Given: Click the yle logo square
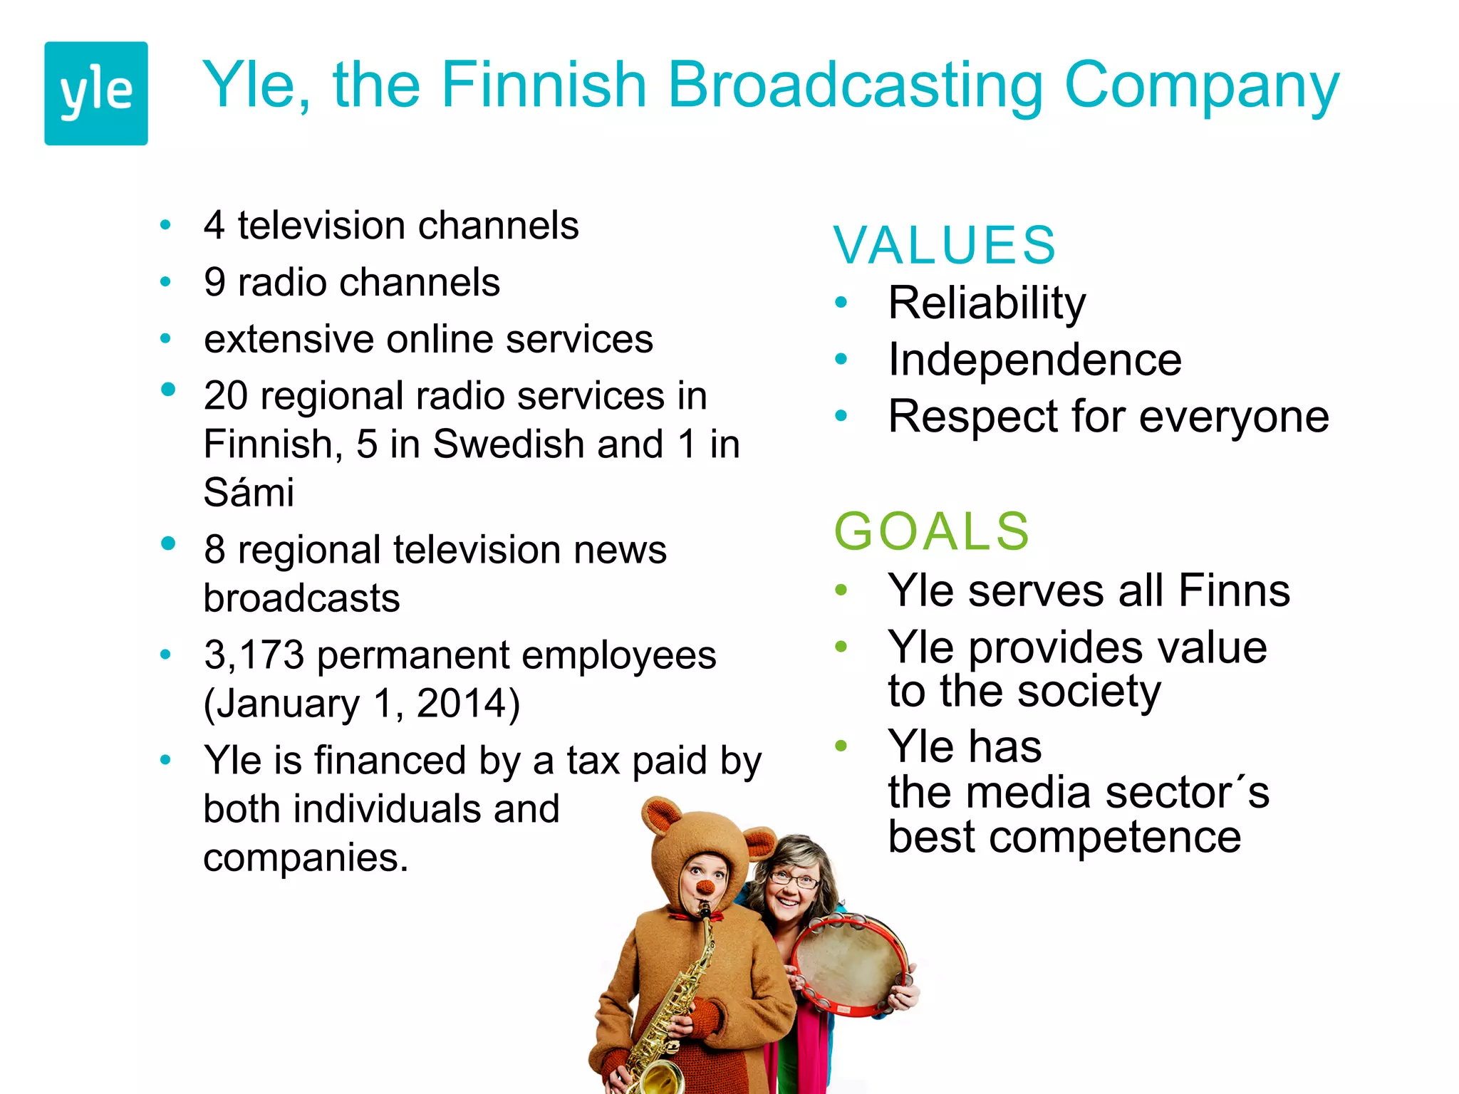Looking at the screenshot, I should click(96, 93).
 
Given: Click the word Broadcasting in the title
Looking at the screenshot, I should click(855, 85).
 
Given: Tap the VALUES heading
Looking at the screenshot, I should click(945, 245).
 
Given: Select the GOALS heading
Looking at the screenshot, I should click(932, 531).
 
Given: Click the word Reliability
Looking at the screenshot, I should click(987, 303).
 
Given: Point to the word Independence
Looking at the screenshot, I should click(1034, 360).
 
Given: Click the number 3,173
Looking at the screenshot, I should click(254, 655).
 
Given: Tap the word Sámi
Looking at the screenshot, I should click(249, 492).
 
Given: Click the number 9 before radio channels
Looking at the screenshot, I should click(214, 282).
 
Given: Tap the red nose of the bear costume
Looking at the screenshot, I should click(705, 887).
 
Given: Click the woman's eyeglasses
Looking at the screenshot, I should click(794, 880).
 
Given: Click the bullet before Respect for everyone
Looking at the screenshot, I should click(841, 415).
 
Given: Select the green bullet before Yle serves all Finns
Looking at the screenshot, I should click(841, 590).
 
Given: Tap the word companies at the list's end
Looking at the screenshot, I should click(305, 858).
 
